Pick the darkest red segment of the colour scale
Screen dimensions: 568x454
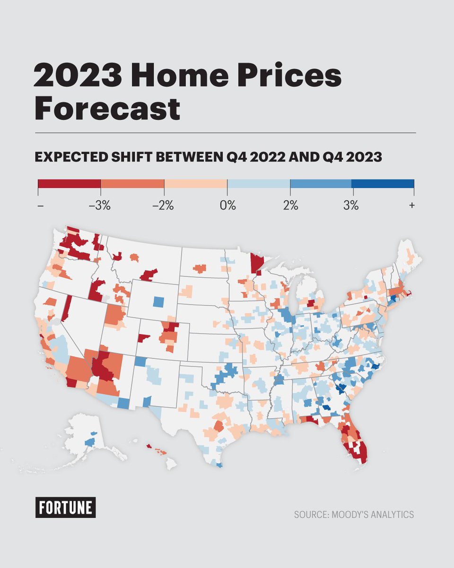click(69, 184)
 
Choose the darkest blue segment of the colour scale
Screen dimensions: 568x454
click(383, 184)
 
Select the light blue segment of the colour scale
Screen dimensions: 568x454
click(259, 184)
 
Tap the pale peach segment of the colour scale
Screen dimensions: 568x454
click(196, 184)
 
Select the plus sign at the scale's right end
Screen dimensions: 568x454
click(412, 206)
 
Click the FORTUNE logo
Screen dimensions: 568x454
click(65, 507)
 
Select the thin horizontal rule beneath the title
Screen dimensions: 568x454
click(226, 133)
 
